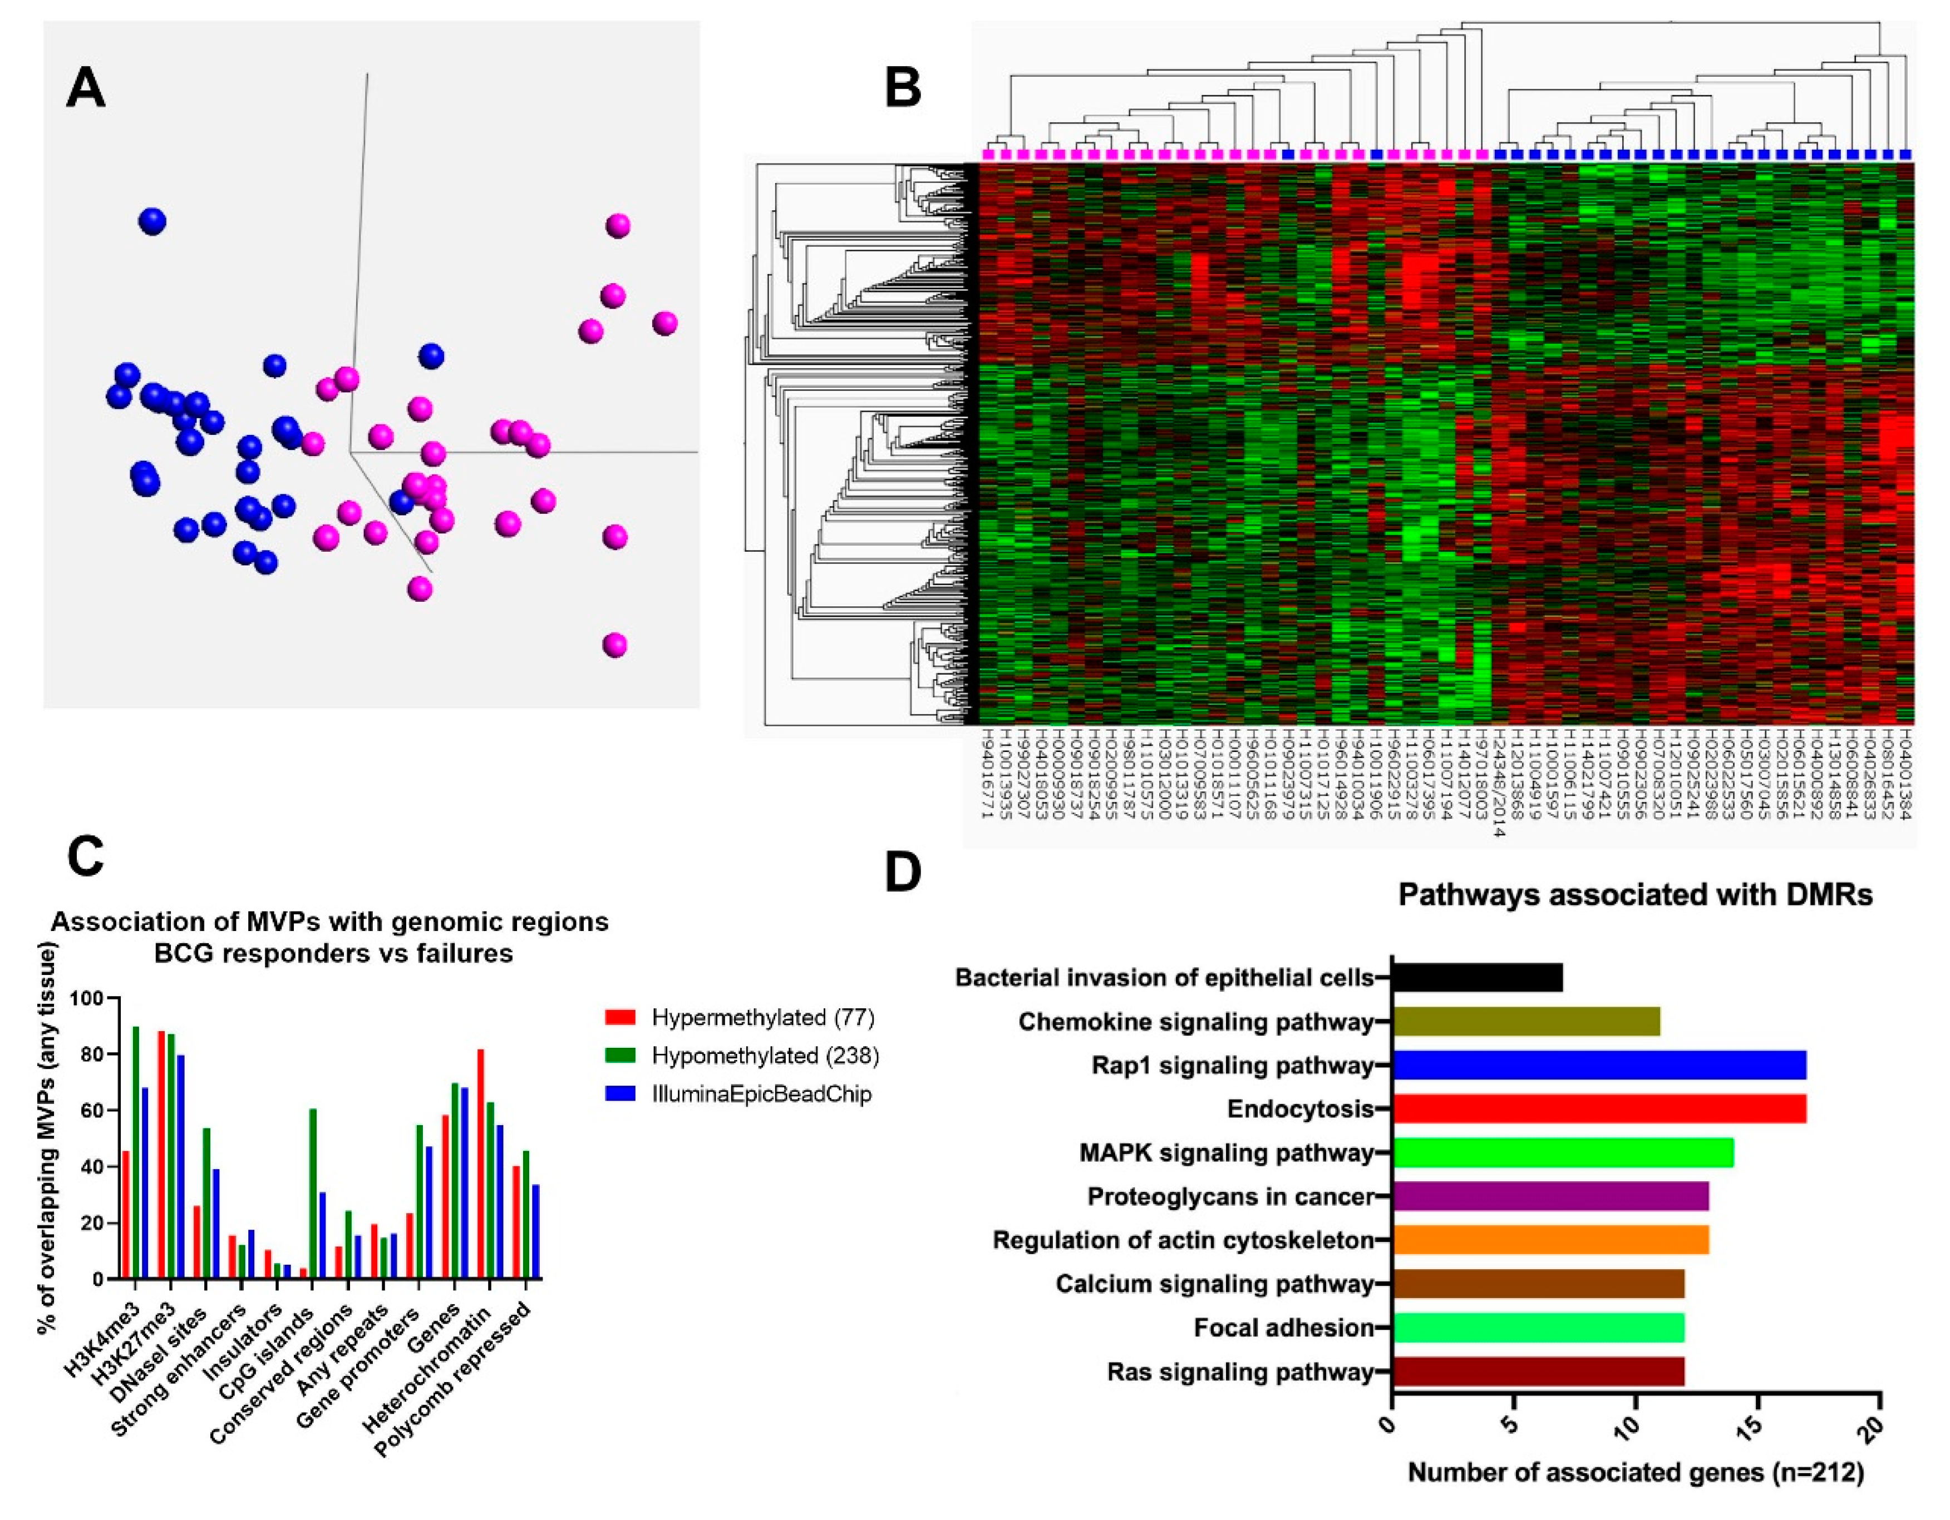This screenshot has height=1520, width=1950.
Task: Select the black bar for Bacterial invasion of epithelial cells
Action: click(1477, 977)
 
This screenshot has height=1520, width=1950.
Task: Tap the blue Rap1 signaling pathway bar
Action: click(1598, 1065)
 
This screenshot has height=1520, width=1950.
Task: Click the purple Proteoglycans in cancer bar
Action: click(1550, 1196)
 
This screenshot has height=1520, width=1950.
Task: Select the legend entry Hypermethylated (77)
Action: click(762, 1017)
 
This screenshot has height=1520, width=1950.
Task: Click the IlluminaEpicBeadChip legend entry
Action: click(761, 1095)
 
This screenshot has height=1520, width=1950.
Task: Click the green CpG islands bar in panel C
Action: click(313, 1194)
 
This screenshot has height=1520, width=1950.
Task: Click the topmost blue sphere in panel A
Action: click(152, 221)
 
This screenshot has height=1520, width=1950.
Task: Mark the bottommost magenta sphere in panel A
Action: click(614, 645)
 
